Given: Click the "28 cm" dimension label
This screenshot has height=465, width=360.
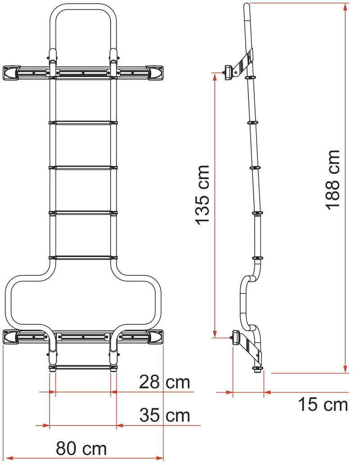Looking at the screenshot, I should (164, 383).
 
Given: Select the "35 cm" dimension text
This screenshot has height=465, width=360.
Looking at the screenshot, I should (164, 415).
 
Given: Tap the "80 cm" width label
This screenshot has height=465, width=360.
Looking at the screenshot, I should (81, 448).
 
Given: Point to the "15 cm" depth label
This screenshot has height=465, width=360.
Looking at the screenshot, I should (323, 405).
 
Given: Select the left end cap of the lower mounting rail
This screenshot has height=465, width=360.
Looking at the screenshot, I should (11, 336).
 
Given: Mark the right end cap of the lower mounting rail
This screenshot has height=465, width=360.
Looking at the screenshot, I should (155, 336).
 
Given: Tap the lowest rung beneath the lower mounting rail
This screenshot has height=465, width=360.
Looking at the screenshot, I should (83, 367).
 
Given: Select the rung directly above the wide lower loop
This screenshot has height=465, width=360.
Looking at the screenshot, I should (83, 258).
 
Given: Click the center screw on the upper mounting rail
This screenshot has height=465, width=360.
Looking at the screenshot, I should (83, 72).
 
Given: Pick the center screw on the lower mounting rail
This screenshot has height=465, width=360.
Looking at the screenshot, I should (83, 336).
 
